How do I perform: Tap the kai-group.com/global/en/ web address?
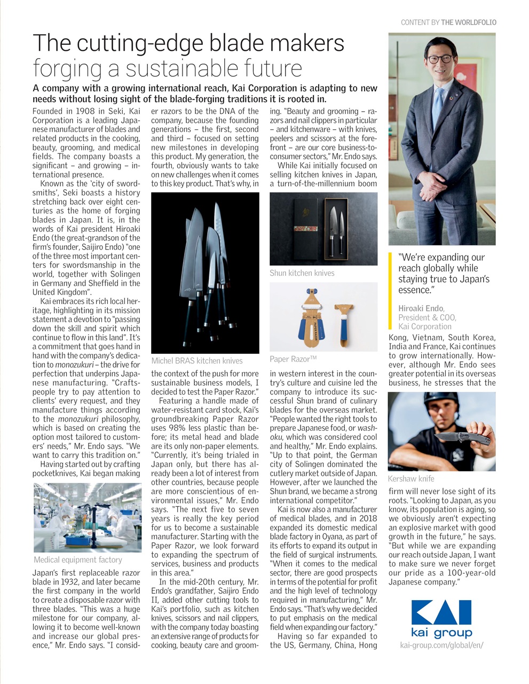coord(441,645)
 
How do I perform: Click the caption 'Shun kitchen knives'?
coord(302,273)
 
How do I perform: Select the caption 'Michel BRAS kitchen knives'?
coord(197,361)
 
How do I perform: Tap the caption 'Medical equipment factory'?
coord(78,560)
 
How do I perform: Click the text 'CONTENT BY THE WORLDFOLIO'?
coord(448,22)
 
